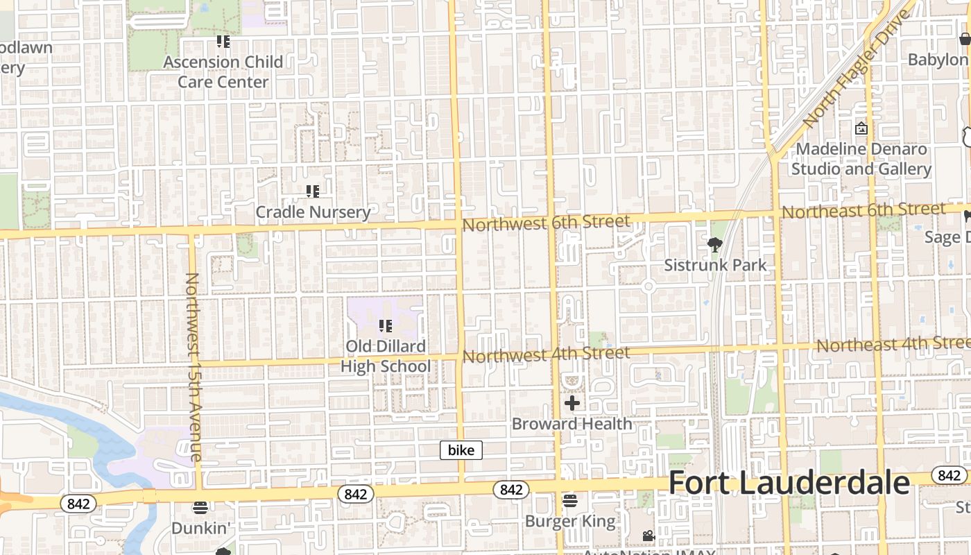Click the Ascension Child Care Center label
223,71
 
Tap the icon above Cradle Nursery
313,191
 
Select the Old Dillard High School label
386,356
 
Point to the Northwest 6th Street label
547,223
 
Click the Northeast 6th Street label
863,210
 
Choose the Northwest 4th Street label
547,355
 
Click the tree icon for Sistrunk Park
715,244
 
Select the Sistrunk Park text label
715,265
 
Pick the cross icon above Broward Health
572,403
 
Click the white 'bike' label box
461,450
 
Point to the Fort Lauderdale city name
789,483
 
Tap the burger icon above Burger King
570,500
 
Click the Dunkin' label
200,528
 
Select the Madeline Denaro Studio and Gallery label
861,159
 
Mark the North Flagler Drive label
855,69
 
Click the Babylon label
938,60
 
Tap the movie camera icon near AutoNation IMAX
648,536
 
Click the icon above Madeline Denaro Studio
861,128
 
